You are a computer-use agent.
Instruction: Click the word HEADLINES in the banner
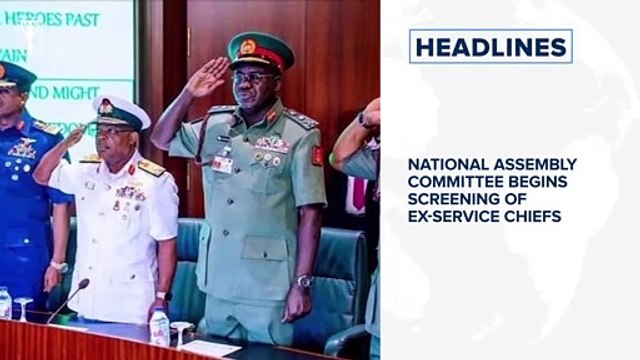pos(490,47)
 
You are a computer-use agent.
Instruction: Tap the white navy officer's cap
pos(120,111)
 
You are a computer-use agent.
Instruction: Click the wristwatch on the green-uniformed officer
pos(304,282)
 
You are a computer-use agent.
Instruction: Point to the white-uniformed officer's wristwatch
pos(162,296)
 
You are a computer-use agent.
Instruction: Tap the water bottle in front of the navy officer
pos(159,328)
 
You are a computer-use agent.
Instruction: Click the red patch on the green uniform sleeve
pos(318,155)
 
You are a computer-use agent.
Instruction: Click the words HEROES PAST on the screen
pos(56,19)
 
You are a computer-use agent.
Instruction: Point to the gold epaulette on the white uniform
pos(151,168)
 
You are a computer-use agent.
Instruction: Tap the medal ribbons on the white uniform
pos(130,193)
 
